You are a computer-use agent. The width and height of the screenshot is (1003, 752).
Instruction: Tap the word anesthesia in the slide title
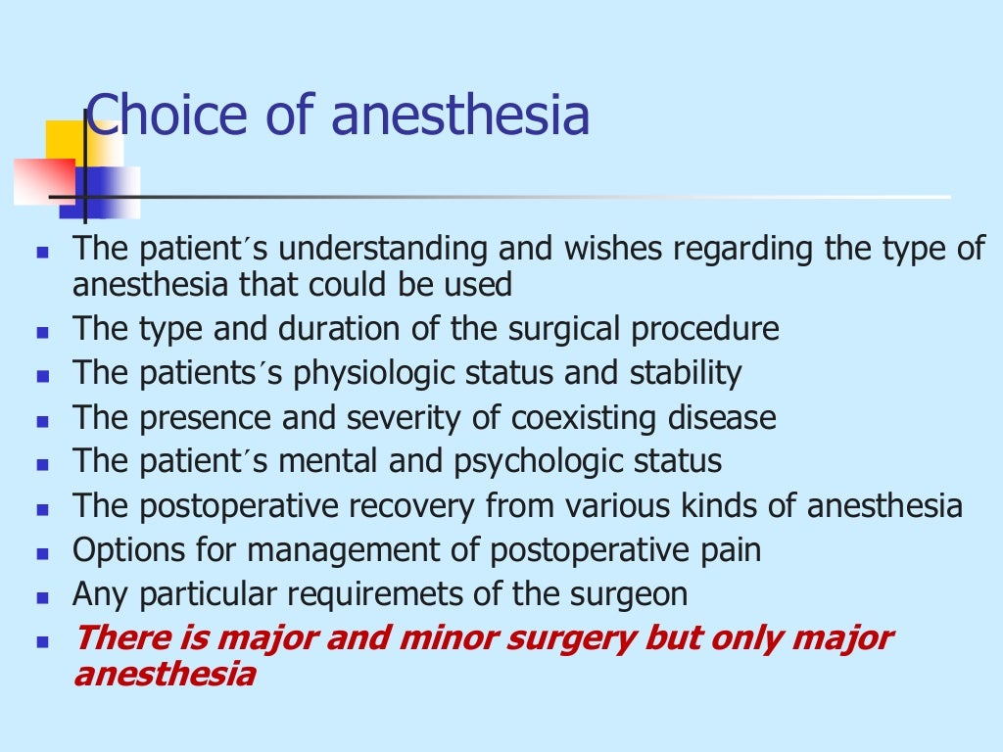(x=460, y=116)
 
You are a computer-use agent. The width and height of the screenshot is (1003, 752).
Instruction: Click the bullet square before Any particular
(x=42, y=595)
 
